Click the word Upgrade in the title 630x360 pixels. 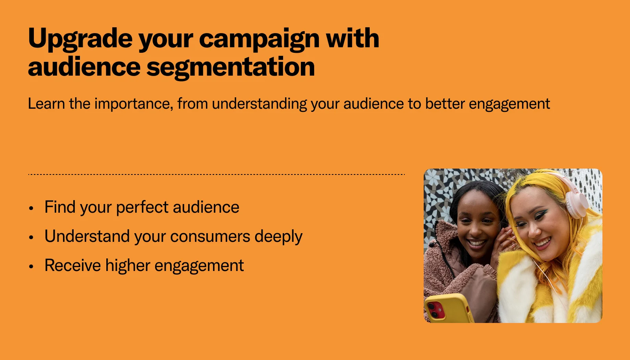pyautogui.click(x=80, y=39)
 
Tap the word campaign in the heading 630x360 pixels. pyautogui.click(x=259, y=39)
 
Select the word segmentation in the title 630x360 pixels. pyautogui.click(x=230, y=67)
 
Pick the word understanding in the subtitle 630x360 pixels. pyautogui.click(x=259, y=104)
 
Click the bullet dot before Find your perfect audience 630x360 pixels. pyautogui.click(x=31, y=208)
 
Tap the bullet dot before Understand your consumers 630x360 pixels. pyautogui.click(x=31, y=238)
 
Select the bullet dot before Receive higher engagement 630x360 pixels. pyautogui.click(x=31, y=266)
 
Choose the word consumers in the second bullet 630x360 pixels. pyautogui.click(x=210, y=237)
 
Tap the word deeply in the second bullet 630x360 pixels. pyautogui.click(x=278, y=237)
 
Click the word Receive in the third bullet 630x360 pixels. pyautogui.click(x=72, y=265)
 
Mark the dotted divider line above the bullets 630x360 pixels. pyautogui.click(x=216, y=174)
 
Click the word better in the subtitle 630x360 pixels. pyautogui.click(x=445, y=104)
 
